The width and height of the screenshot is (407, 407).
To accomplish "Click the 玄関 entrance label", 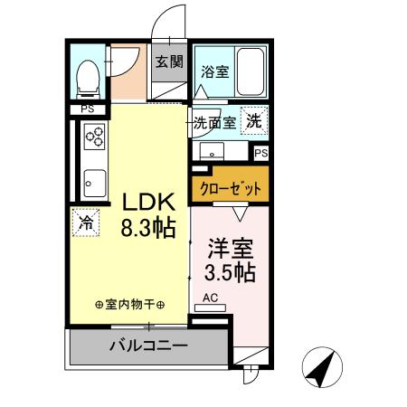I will [167, 62].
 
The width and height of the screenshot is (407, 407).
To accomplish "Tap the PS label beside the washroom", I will [260, 154].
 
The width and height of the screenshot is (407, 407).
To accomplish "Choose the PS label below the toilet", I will [87, 109].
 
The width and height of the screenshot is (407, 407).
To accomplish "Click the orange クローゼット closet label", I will [230, 190].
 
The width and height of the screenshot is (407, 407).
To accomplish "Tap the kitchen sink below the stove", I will [92, 185].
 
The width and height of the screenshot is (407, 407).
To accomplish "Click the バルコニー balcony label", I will [148, 345].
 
